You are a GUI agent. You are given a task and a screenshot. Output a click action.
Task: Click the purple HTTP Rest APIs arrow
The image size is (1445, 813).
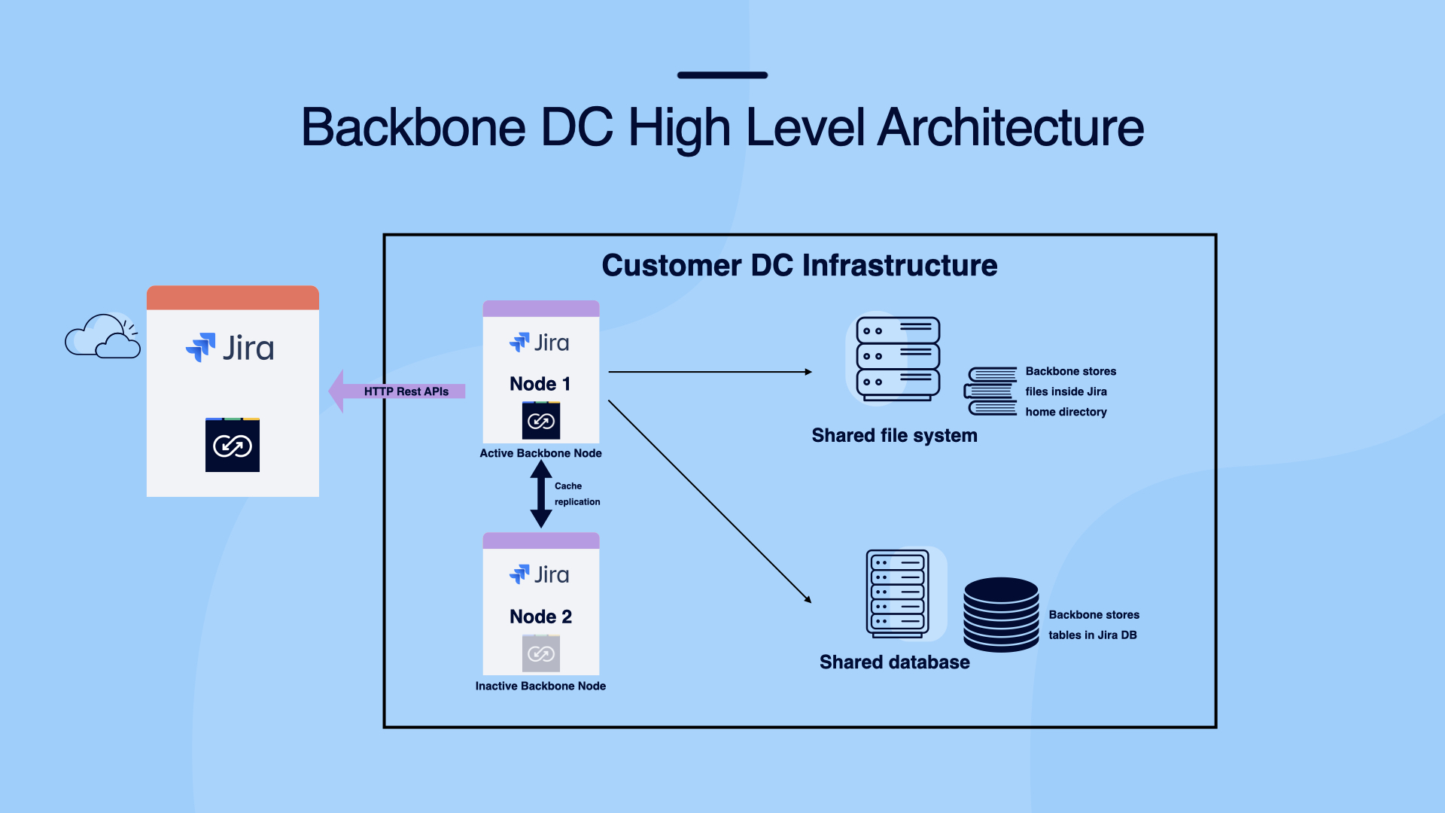pyautogui.click(x=399, y=391)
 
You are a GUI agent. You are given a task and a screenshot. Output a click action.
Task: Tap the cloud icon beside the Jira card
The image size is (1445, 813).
pyautogui.click(x=103, y=337)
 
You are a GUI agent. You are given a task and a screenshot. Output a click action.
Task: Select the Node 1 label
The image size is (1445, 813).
pyautogui.click(x=540, y=384)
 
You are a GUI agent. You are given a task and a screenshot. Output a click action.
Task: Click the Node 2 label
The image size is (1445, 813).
pyautogui.click(x=540, y=617)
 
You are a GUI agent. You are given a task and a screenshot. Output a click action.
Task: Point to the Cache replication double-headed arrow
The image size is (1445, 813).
pyautogui.click(x=540, y=494)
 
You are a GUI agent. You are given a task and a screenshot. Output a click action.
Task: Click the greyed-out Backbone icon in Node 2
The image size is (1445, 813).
pyautogui.click(x=540, y=653)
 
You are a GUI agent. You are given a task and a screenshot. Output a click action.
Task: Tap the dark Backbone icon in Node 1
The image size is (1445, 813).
pyautogui.click(x=540, y=421)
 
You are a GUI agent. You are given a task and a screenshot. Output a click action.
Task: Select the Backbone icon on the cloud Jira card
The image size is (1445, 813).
pyautogui.click(x=233, y=446)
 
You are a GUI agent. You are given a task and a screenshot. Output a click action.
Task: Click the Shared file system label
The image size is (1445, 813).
pyautogui.click(x=894, y=436)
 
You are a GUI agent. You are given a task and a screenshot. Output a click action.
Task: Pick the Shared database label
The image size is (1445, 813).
pyautogui.click(x=894, y=662)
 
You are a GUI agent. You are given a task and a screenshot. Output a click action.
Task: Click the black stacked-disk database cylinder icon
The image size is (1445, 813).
pyautogui.click(x=1001, y=614)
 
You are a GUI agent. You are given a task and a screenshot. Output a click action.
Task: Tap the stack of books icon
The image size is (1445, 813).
pyautogui.click(x=991, y=391)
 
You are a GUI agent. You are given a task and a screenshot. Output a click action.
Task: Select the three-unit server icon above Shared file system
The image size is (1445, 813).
pyautogui.click(x=897, y=358)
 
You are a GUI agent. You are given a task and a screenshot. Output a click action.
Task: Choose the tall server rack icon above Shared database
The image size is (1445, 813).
pyautogui.click(x=898, y=593)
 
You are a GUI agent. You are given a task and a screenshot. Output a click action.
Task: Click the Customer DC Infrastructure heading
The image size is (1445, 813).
pyautogui.click(x=799, y=266)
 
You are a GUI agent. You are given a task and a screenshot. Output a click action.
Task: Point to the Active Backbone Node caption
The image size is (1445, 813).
pyautogui.click(x=540, y=453)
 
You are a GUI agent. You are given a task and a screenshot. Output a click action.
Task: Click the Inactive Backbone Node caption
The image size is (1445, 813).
pyautogui.click(x=540, y=686)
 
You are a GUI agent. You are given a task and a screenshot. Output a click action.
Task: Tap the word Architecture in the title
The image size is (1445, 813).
pyautogui.click(x=1010, y=128)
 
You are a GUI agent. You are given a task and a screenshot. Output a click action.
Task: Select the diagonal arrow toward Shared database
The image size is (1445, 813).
pyautogui.click(x=709, y=501)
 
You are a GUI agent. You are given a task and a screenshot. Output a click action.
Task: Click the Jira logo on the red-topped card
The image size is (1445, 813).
pyautogui.click(x=230, y=348)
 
